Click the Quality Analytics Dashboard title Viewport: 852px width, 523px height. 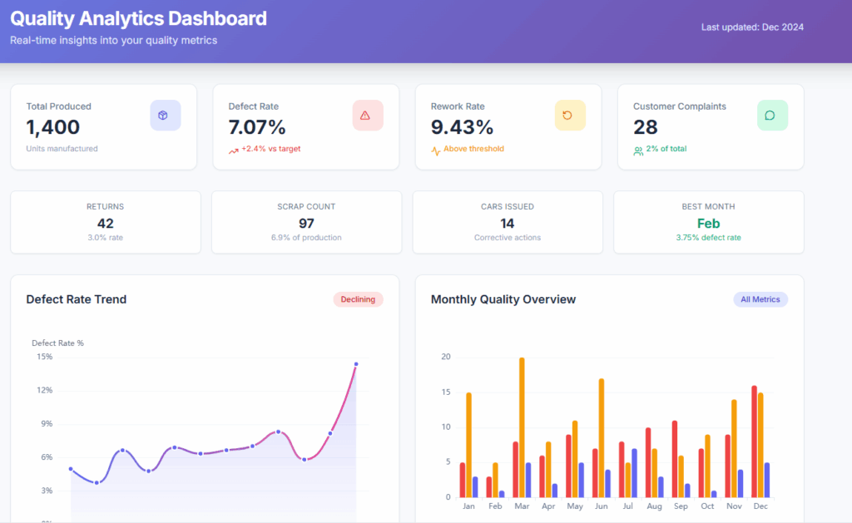point(138,18)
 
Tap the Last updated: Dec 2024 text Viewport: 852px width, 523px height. point(752,27)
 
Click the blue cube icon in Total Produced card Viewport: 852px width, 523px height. point(165,116)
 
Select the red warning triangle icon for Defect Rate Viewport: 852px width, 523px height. point(367,116)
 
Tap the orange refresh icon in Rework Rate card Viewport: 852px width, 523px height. point(570,116)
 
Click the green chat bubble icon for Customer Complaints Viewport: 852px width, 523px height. point(771,116)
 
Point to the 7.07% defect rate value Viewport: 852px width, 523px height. point(257,127)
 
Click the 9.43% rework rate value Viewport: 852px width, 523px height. point(462,127)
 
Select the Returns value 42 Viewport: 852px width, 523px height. point(106,223)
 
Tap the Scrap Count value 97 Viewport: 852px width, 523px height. point(306,223)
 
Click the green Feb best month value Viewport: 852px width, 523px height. point(708,223)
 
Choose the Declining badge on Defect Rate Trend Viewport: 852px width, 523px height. point(358,299)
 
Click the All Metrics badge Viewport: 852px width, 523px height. point(760,299)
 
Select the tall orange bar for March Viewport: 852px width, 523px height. point(522,427)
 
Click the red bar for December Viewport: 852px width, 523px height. point(754,442)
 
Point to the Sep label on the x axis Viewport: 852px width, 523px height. point(680,506)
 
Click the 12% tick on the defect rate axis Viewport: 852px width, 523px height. point(44,390)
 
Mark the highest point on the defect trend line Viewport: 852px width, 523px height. point(356,364)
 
